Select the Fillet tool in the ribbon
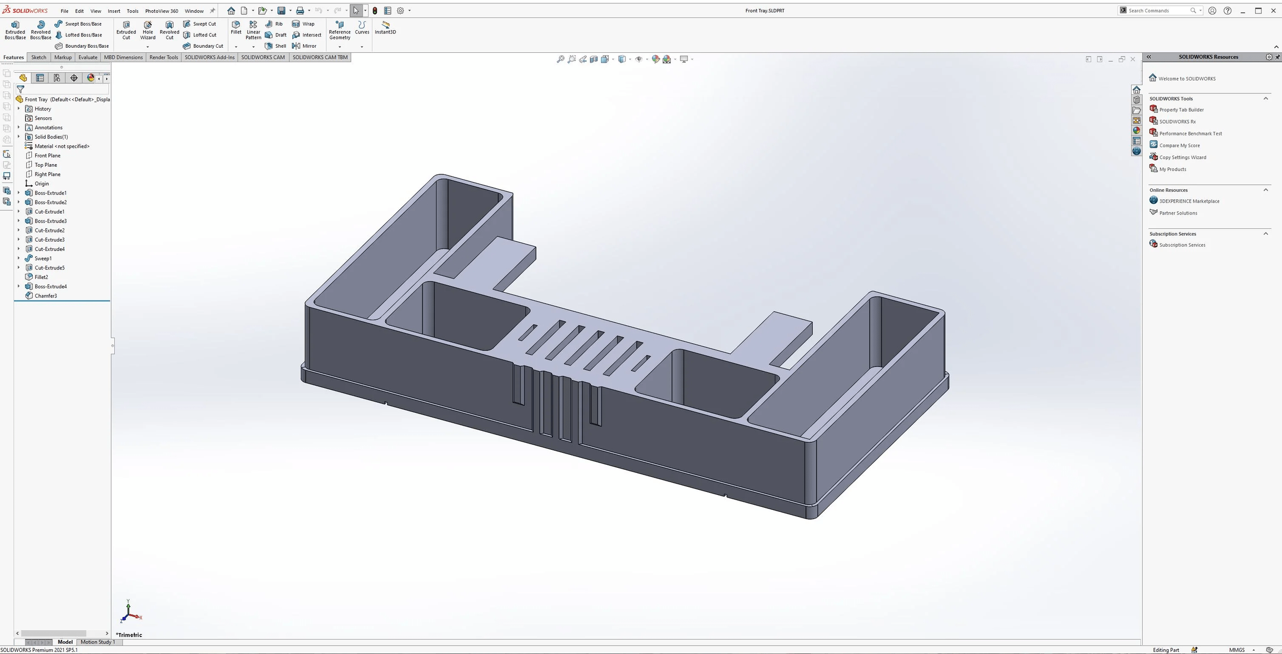236,28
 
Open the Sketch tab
38,57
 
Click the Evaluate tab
88,57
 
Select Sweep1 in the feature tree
43,259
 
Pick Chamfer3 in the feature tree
46,296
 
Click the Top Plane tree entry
46,165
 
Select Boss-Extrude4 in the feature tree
50,287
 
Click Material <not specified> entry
62,146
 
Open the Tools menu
132,11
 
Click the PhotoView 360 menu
162,11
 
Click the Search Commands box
1158,11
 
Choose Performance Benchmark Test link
1190,134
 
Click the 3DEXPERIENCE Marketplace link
1189,202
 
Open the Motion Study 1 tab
97,642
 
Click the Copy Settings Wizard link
1183,157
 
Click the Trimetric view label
129,635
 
